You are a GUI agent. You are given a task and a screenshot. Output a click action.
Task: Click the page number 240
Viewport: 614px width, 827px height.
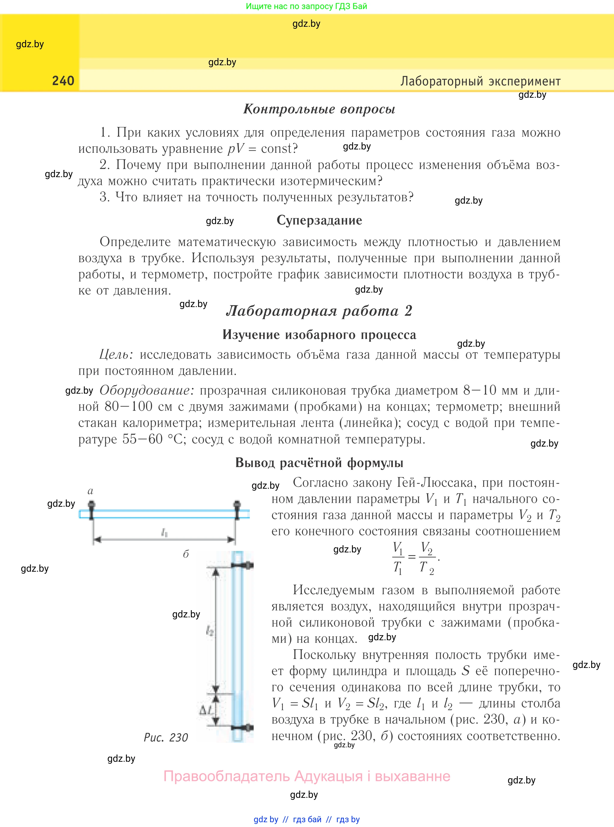click(63, 81)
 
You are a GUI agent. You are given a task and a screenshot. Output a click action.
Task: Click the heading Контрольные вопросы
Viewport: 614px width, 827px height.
click(319, 109)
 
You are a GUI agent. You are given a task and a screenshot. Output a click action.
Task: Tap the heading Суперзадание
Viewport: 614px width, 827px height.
click(319, 220)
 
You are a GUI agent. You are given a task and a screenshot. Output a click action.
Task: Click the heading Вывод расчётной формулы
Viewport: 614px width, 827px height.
click(319, 463)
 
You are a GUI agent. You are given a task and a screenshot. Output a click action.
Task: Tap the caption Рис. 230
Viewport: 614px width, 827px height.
click(166, 737)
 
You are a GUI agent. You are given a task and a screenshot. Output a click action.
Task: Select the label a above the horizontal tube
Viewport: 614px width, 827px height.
click(90, 491)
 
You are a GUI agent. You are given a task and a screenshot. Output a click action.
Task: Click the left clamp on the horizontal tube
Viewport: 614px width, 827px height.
click(91, 509)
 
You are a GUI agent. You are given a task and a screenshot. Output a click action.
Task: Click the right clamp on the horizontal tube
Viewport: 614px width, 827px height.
click(237, 509)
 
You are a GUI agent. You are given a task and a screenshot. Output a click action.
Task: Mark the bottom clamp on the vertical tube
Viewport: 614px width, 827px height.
click(243, 727)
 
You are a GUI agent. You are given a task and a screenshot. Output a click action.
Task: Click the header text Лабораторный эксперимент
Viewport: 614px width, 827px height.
click(480, 81)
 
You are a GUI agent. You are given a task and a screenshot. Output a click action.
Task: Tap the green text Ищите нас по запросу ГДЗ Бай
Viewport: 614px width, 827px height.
click(306, 6)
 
